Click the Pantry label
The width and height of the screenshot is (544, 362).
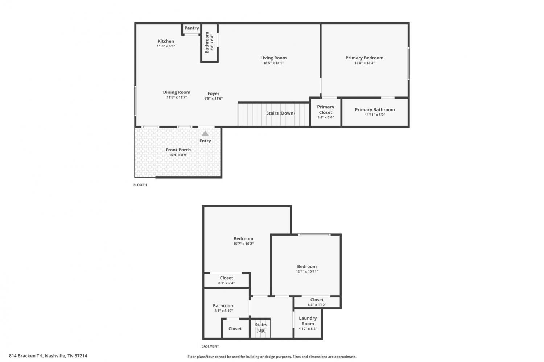click(x=191, y=28)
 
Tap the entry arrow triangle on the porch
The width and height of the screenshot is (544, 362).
click(x=205, y=133)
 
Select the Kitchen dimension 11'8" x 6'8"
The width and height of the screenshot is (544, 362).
click(x=166, y=46)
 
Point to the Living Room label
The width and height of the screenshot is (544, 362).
click(x=273, y=58)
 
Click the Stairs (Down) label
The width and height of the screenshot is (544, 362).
click(x=280, y=113)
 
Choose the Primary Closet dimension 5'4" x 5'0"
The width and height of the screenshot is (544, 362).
click(x=325, y=117)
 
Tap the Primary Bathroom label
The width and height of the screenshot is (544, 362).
click(x=375, y=109)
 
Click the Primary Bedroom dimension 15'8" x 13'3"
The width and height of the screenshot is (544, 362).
click(x=364, y=63)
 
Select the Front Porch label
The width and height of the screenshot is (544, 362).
click(x=178, y=150)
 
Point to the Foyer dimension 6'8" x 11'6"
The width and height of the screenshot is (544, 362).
click(x=213, y=99)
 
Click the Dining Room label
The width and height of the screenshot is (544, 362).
click(x=177, y=92)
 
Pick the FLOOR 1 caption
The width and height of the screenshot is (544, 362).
click(x=140, y=185)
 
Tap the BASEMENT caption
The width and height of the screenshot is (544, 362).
click(x=210, y=346)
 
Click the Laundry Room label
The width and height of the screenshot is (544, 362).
click(x=308, y=321)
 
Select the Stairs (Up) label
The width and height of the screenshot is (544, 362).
click(x=261, y=327)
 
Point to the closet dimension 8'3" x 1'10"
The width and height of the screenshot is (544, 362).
click(x=317, y=305)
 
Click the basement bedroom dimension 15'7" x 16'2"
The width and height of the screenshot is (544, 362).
click(x=243, y=244)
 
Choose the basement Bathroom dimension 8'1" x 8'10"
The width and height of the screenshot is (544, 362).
click(x=224, y=311)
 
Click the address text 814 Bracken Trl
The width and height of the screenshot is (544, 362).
click(x=26, y=356)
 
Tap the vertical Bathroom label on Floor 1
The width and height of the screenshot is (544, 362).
click(x=207, y=42)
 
